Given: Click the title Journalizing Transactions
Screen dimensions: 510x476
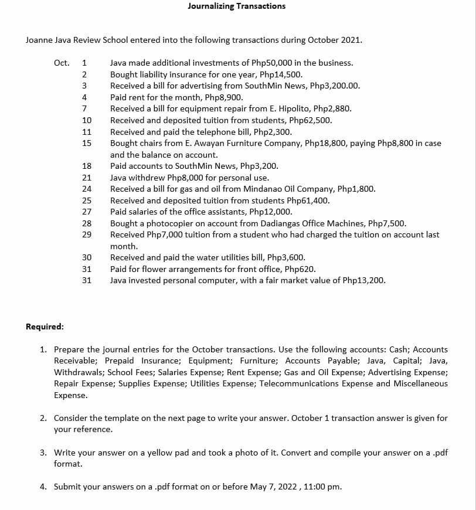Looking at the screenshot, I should [x=237, y=6].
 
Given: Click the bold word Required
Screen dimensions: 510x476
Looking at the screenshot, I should [x=45, y=327].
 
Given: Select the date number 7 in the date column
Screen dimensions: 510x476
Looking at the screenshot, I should [x=85, y=109].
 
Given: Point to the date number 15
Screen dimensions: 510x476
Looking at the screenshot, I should [x=86, y=143].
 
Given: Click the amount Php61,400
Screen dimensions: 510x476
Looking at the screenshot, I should [x=308, y=200].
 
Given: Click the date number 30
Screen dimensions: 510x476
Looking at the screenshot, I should [x=86, y=257].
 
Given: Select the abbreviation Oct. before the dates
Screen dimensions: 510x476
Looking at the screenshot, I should [x=62, y=63].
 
